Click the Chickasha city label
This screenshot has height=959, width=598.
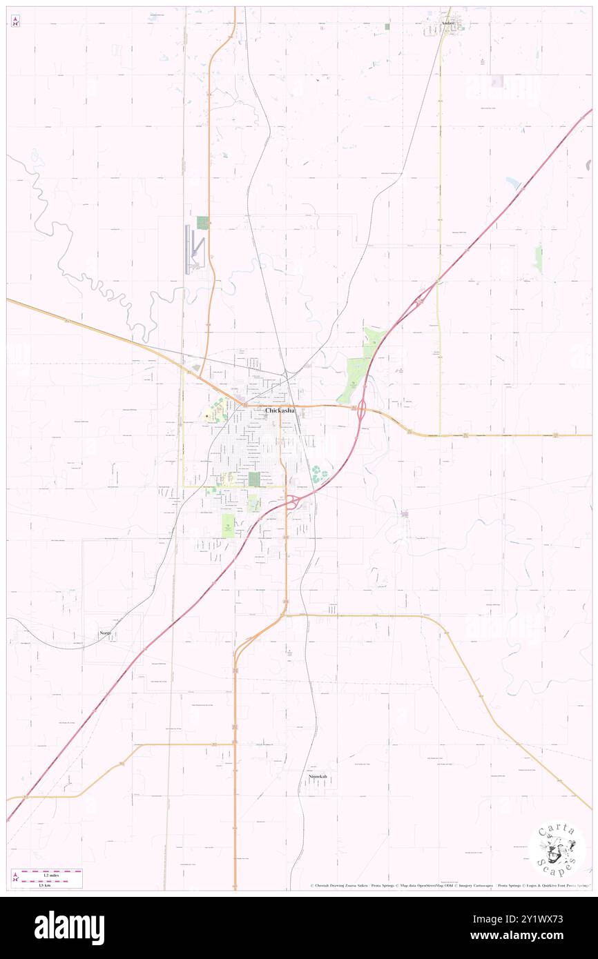pos(280,411)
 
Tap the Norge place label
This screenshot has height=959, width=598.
pos(104,633)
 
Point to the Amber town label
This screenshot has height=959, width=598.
pos(449,23)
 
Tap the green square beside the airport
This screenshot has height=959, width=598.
pos(202,223)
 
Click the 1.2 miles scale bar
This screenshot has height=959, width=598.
pos(51,871)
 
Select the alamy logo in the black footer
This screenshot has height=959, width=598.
pos(70,928)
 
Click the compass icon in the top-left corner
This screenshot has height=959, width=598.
pos(15,21)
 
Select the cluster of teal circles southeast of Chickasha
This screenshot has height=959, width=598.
pos(320,474)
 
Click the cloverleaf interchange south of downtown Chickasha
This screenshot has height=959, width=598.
pos(293,502)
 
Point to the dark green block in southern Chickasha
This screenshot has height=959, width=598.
pos(253,478)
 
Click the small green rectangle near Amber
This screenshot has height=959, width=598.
pos(387,26)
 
